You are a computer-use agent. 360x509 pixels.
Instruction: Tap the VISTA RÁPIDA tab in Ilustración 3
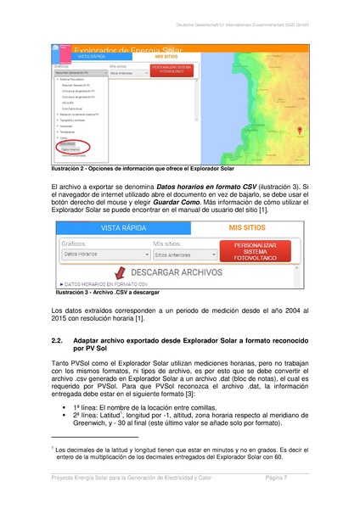(124, 227)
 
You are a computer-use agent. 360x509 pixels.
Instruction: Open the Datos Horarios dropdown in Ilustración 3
(99, 254)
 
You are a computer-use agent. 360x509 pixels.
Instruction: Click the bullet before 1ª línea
(65, 408)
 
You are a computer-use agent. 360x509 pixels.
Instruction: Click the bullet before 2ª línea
(65, 416)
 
